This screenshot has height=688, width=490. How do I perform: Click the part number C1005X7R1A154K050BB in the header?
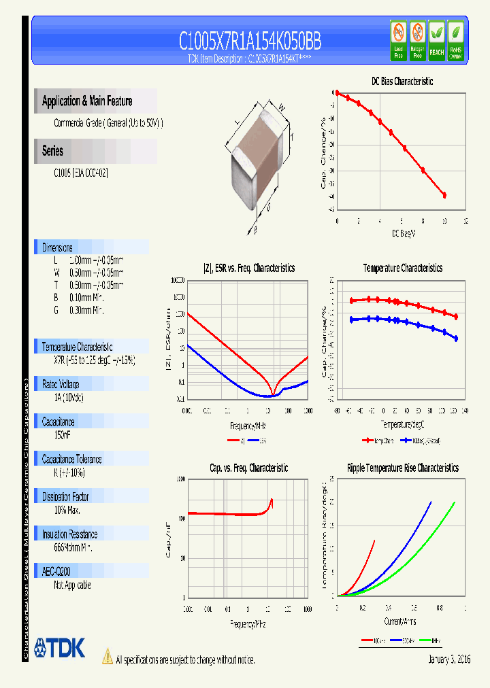pyautogui.click(x=250, y=41)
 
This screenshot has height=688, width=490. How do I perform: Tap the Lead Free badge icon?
pyautogui.click(x=398, y=39)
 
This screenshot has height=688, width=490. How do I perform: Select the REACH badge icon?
pyautogui.click(x=436, y=39)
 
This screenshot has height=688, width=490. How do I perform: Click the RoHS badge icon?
pyautogui.click(x=455, y=39)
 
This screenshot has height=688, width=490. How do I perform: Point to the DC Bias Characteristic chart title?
pyautogui.click(x=402, y=81)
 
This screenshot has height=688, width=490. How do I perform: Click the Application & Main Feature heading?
pyautogui.click(x=87, y=101)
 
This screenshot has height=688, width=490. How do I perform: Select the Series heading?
pyautogui.click(x=52, y=151)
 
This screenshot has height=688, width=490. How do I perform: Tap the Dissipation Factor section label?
pyautogui.click(x=65, y=496)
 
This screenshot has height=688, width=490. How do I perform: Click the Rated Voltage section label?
pyautogui.click(x=61, y=384)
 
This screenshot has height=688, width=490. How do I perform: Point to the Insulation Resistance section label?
pyautogui.click(x=69, y=534)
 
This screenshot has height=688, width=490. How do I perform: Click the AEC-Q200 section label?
pyautogui.click(x=56, y=572)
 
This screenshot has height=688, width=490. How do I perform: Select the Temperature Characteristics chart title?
pyautogui.click(x=402, y=268)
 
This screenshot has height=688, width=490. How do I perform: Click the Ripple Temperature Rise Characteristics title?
pyautogui.click(x=402, y=468)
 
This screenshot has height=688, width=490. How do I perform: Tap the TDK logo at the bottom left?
pyautogui.click(x=59, y=648)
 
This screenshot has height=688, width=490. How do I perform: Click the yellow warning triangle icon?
pyautogui.click(x=107, y=657)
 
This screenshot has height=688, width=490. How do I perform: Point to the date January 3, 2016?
pyautogui.click(x=449, y=659)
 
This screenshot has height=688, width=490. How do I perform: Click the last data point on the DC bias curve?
pyautogui.click(x=444, y=195)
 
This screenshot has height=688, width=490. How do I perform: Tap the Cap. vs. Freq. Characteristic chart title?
pyautogui.click(x=248, y=468)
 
